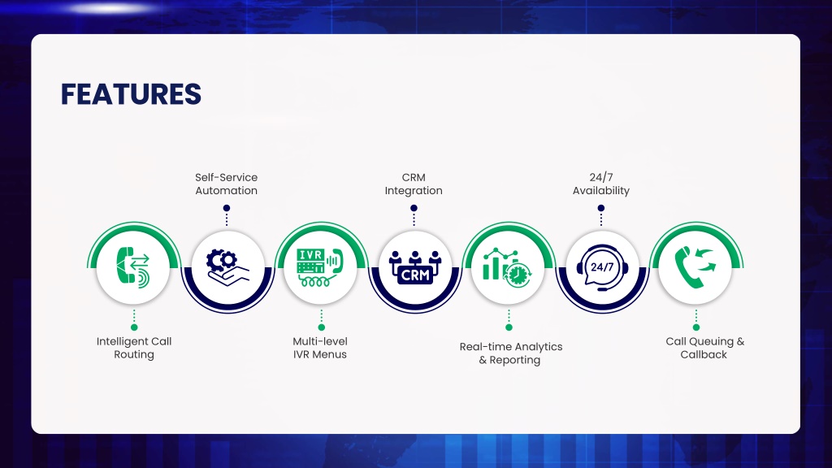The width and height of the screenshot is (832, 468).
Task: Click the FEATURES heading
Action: [131, 94]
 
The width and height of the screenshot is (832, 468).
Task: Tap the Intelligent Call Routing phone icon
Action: [133, 267]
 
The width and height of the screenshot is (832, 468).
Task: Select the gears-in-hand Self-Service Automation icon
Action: [227, 267]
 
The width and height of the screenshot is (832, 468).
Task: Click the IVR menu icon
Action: [320, 267]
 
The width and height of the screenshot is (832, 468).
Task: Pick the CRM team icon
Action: [415, 267]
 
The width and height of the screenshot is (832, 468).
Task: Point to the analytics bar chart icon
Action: [507, 267]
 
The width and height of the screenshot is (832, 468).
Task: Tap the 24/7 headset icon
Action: [602, 267]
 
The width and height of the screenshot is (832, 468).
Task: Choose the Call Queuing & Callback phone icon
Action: [695, 267]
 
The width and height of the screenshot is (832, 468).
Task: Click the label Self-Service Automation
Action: [226, 184]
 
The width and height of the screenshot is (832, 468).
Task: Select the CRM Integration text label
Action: [414, 184]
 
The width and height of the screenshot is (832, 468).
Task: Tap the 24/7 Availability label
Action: [601, 184]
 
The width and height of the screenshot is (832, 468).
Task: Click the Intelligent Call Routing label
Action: [134, 348]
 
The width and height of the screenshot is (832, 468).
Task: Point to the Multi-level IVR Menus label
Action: [320, 348]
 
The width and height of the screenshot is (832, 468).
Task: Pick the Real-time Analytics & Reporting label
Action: [510, 353]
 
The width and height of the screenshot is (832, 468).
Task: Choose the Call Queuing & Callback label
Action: [704, 348]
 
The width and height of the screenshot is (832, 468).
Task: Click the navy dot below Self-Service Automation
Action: [227, 208]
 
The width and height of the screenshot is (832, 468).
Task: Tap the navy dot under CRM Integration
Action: [414, 208]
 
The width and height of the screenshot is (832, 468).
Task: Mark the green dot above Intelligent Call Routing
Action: [134, 327]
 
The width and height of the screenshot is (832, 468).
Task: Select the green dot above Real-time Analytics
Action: [509, 327]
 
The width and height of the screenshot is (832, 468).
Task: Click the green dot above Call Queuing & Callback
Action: [696, 327]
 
